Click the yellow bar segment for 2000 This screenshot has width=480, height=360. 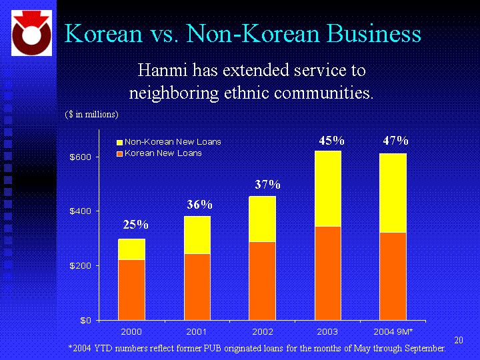(x=131, y=249)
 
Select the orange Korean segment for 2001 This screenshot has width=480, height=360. (x=197, y=286)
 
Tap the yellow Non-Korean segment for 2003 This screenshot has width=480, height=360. (x=328, y=189)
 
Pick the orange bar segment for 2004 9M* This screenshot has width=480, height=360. (x=393, y=275)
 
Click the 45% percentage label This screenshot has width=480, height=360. (x=331, y=141)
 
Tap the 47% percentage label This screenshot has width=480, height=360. (x=395, y=141)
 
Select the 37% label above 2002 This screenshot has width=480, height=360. (x=267, y=184)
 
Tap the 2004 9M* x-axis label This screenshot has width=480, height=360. (x=393, y=331)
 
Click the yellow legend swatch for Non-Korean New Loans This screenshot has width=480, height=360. (x=120, y=142)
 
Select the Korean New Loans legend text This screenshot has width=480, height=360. (x=163, y=153)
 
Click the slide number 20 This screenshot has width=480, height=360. (x=458, y=341)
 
